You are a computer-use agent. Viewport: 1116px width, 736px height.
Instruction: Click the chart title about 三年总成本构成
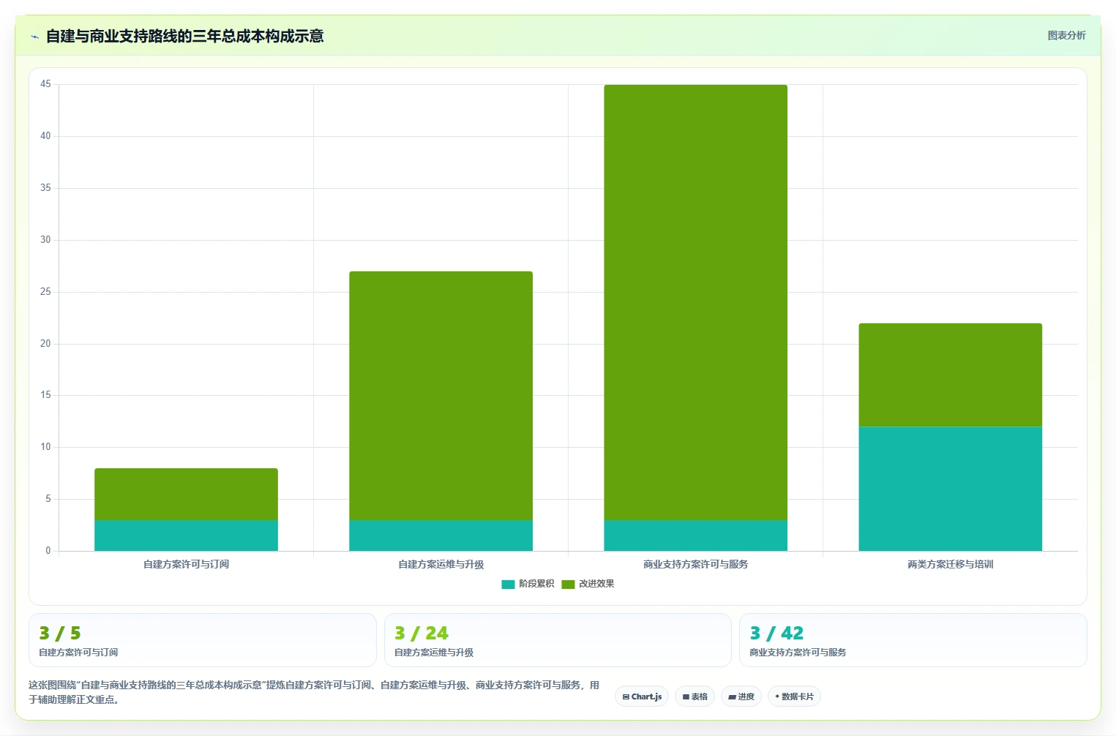click(x=185, y=37)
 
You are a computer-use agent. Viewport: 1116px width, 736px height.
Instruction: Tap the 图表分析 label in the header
click(x=1066, y=35)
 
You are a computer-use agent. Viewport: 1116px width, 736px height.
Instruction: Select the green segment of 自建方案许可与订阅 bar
click(x=187, y=494)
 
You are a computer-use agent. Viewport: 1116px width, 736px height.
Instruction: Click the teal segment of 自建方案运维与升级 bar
click(x=441, y=536)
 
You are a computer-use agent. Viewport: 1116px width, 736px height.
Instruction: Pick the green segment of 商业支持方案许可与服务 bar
click(x=695, y=302)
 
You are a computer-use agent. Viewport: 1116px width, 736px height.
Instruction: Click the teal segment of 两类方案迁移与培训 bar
click(x=950, y=489)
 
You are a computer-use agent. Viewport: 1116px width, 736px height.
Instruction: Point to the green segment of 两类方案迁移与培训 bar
click(x=950, y=375)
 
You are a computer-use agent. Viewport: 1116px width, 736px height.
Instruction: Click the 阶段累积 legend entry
click(x=528, y=584)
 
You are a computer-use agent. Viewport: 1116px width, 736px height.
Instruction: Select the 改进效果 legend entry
click(x=588, y=584)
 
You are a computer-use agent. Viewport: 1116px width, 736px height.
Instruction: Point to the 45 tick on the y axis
click(x=45, y=83)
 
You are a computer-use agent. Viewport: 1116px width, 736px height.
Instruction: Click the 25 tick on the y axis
click(x=45, y=291)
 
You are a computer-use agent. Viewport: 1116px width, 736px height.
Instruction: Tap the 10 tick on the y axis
click(x=45, y=447)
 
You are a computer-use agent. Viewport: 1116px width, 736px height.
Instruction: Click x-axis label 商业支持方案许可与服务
click(x=695, y=564)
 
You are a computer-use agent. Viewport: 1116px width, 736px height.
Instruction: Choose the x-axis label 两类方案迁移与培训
click(x=950, y=564)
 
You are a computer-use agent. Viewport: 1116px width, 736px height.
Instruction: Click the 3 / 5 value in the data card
click(x=60, y=633)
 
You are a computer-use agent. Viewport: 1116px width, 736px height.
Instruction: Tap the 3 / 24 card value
click(x=422, y=633)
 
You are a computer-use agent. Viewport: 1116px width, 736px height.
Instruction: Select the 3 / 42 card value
click(x=776, y=633)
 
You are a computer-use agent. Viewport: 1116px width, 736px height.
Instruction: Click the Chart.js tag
click(x=642, y=696)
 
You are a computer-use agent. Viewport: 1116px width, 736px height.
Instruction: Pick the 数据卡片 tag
click(x=794, y=696)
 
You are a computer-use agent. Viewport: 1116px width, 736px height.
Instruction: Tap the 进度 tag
click(x=741, y=696)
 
